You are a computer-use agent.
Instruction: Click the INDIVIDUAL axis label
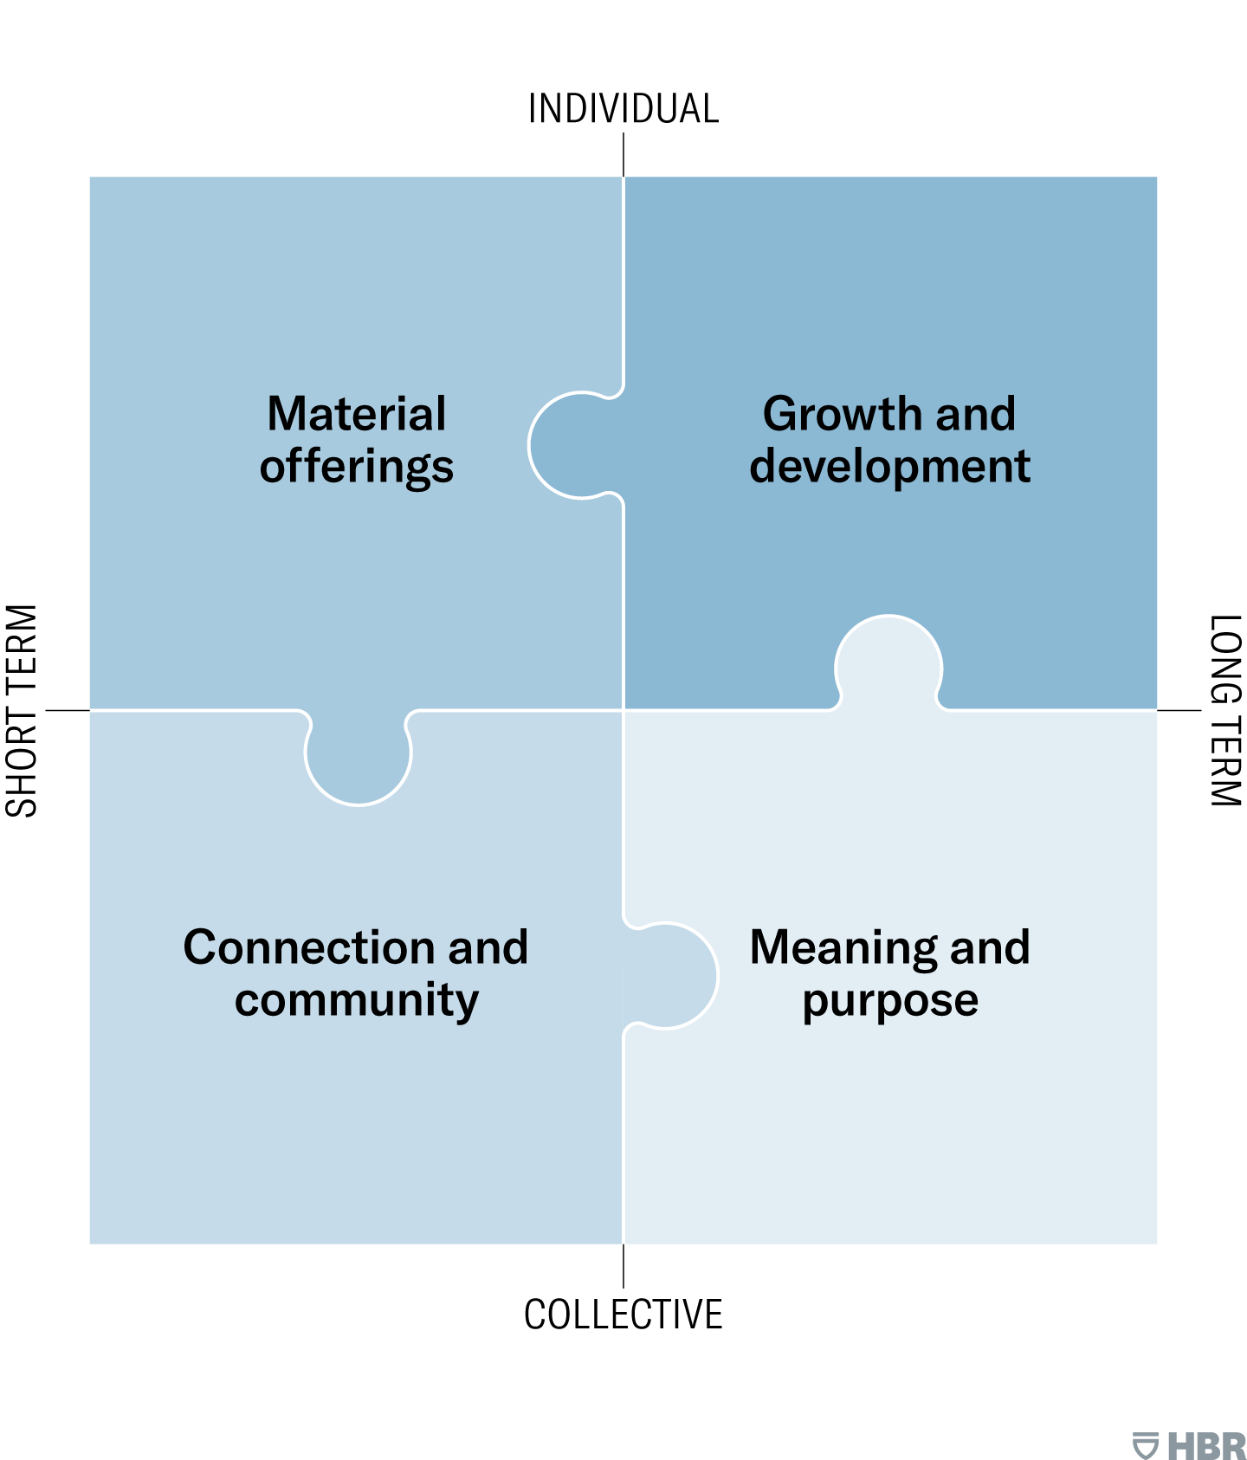tap(623, 109)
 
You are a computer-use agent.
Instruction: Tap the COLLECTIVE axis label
tap(623, 1315)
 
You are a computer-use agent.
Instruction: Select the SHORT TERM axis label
tap(23, 711)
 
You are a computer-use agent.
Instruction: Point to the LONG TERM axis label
tap(1225, 711)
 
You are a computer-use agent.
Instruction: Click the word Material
tap(357, 413)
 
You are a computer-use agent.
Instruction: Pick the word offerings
tap(357, 467)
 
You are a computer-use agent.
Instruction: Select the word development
tap(890, 467)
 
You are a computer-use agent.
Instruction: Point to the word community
tap(357, 1000)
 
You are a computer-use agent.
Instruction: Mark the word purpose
tap(890, 1002)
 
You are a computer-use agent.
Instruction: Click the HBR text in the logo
tap(1206, 1445)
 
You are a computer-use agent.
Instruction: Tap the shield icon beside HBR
tap(1146, 1445)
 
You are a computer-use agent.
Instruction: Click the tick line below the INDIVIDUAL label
tap(623, 156)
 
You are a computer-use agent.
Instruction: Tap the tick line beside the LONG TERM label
tap(1179, 710)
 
